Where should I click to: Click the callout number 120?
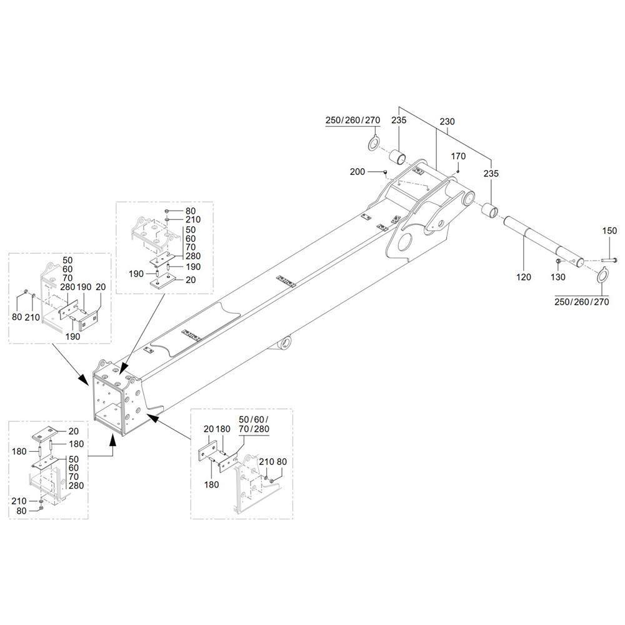[x=523, y=277]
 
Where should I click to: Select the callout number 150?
[x=609, y=231]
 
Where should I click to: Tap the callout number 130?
[x=557, y=277]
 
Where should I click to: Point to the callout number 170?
[x=458, y=156]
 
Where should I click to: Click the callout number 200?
[x=357, y=172]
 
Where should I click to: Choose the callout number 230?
[x=447, y=122]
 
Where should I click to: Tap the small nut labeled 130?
[x=559, y=261]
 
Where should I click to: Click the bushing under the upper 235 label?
[x=398, y=157]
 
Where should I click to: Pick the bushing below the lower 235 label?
[x=489, y=210]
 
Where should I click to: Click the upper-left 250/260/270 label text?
[x=352, y=120]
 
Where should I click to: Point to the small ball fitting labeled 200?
[x=385, y=172]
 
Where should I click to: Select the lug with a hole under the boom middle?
[x=284, y=342]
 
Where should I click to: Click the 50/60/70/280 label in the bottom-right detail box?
[x=254, y=424]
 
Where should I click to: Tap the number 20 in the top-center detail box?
[x=191, y=280]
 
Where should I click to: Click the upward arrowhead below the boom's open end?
[x=113, y=440]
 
